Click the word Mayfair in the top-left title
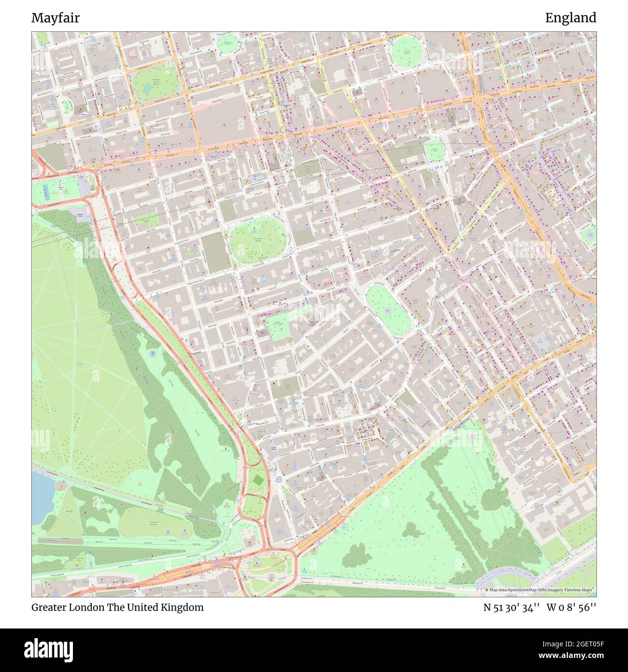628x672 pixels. click(x=56, y=18)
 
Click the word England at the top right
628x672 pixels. click(x=571, y=18)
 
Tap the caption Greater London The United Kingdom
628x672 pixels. click(x=117, y=607)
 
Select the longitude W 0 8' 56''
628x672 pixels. click(x=571, y=607)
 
